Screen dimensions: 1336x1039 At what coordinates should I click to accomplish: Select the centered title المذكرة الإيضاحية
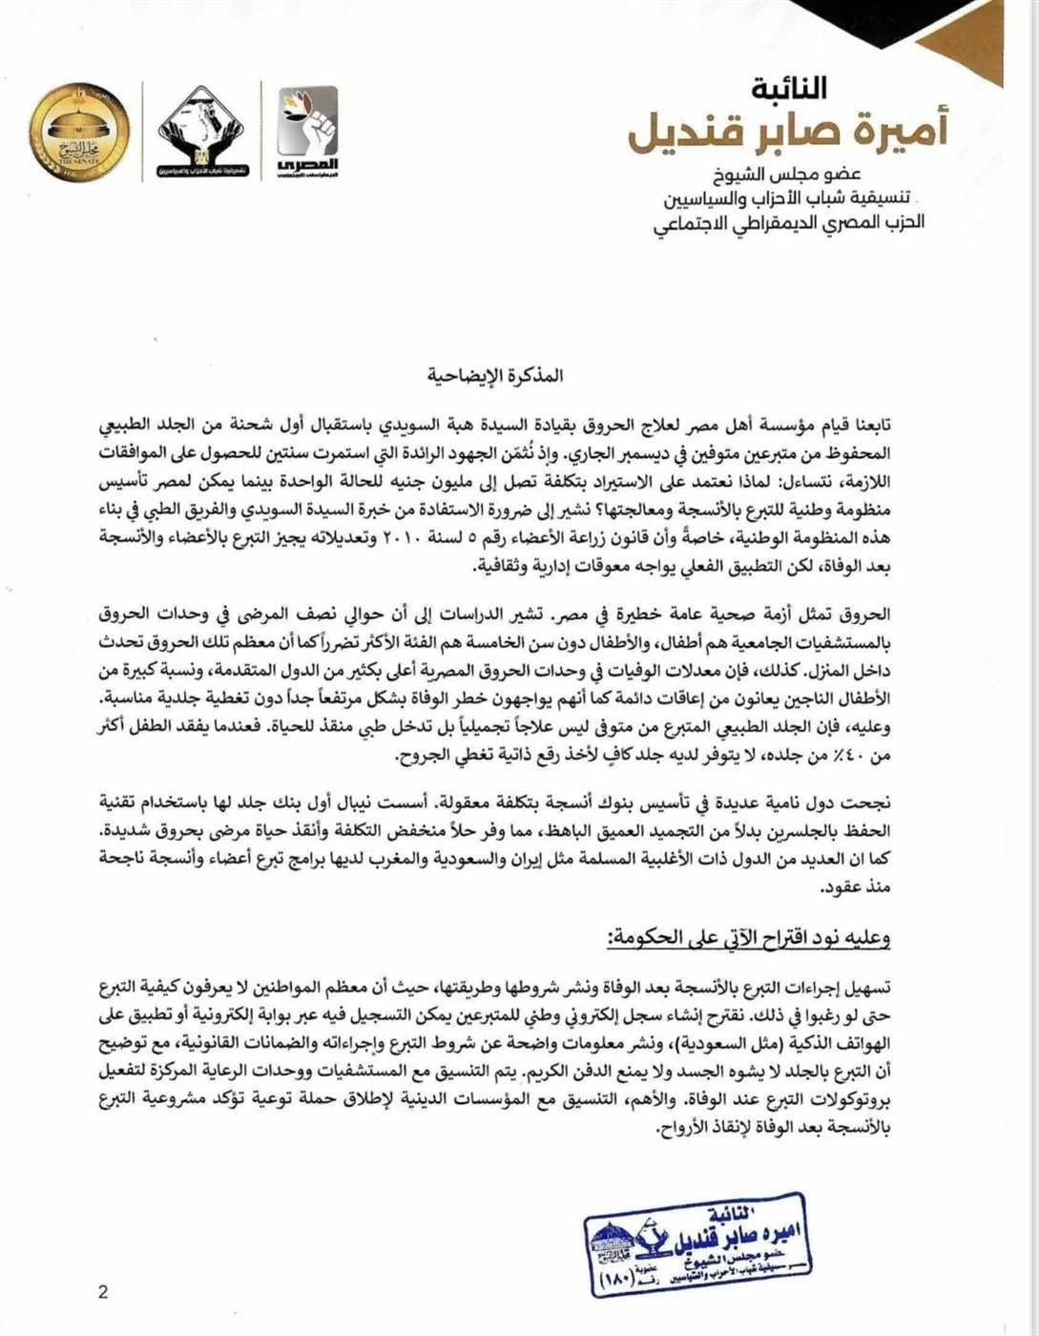tap(495, 375)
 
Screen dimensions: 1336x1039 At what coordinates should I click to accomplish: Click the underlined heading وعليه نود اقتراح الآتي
tap(748, 937)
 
